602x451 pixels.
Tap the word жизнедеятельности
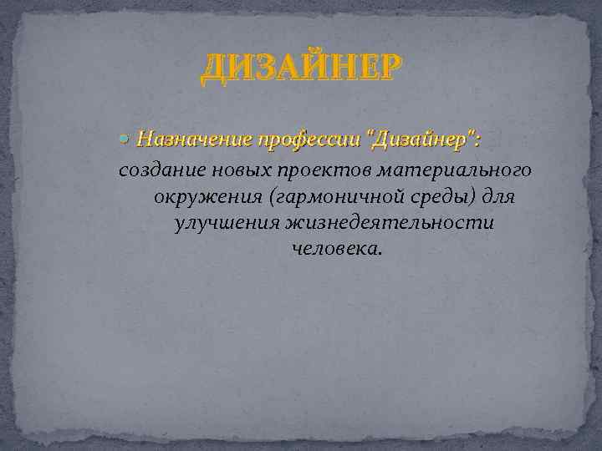coord(389,224)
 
